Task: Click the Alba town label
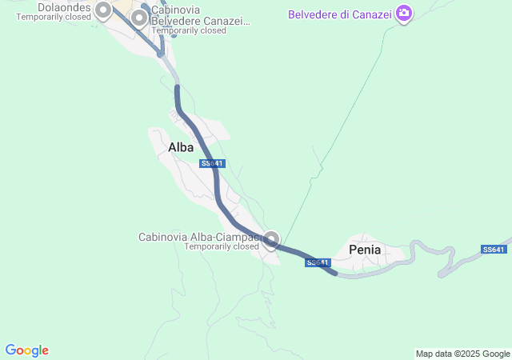coord(181,147)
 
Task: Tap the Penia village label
coord(366,250)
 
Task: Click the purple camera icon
coord(404,13)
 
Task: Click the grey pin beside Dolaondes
coord(103,10)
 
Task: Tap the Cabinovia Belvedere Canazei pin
coord(139,17)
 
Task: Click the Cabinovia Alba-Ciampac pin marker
coord(272,239)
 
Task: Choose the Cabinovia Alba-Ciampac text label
coord(200,237)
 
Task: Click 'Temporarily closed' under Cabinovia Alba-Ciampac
coord(222,246)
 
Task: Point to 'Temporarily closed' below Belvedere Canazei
coord(189,30)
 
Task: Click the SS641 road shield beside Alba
coord(213,163)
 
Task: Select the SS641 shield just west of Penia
coord(318,262)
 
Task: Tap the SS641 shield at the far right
coord(494,250)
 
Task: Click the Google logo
coord(26,350)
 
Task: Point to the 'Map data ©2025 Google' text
coord(462,354)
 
